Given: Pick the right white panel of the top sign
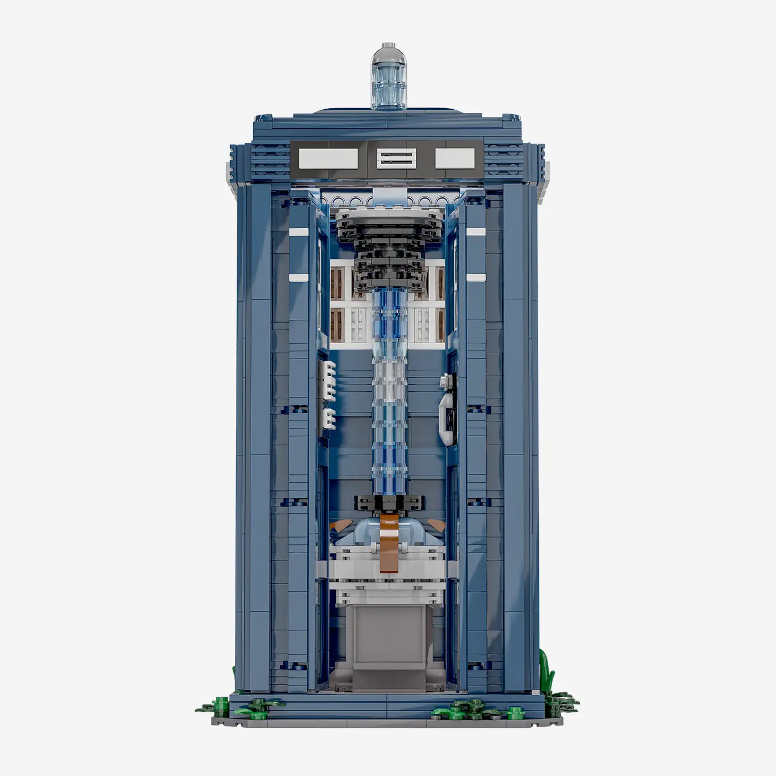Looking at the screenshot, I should pos(455,159).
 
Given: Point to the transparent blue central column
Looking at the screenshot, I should pos(389,388).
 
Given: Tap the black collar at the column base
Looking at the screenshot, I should pos(388,503).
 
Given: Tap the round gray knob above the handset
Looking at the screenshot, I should pos(445,381).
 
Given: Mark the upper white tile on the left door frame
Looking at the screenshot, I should pos(298,231).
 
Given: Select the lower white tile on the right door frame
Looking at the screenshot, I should pos(476,277).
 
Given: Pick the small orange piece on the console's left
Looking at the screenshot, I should pos(336,524).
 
